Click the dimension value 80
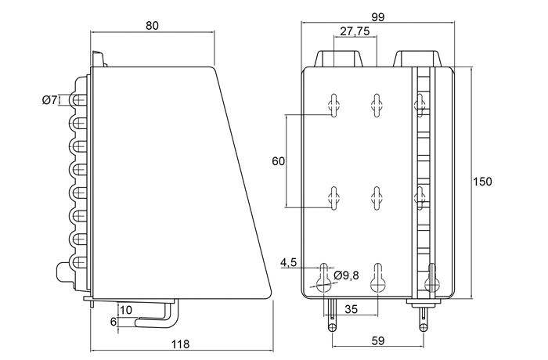152,25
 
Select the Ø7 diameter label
49,99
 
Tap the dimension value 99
378,16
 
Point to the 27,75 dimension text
355,32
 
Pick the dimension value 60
277,161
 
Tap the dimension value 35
352,309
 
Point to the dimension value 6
114,321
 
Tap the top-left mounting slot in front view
334,104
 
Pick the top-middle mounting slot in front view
377,104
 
